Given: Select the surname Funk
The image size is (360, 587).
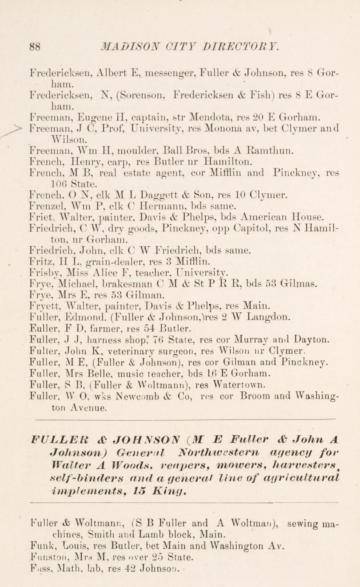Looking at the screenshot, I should [x=41, y=545].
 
